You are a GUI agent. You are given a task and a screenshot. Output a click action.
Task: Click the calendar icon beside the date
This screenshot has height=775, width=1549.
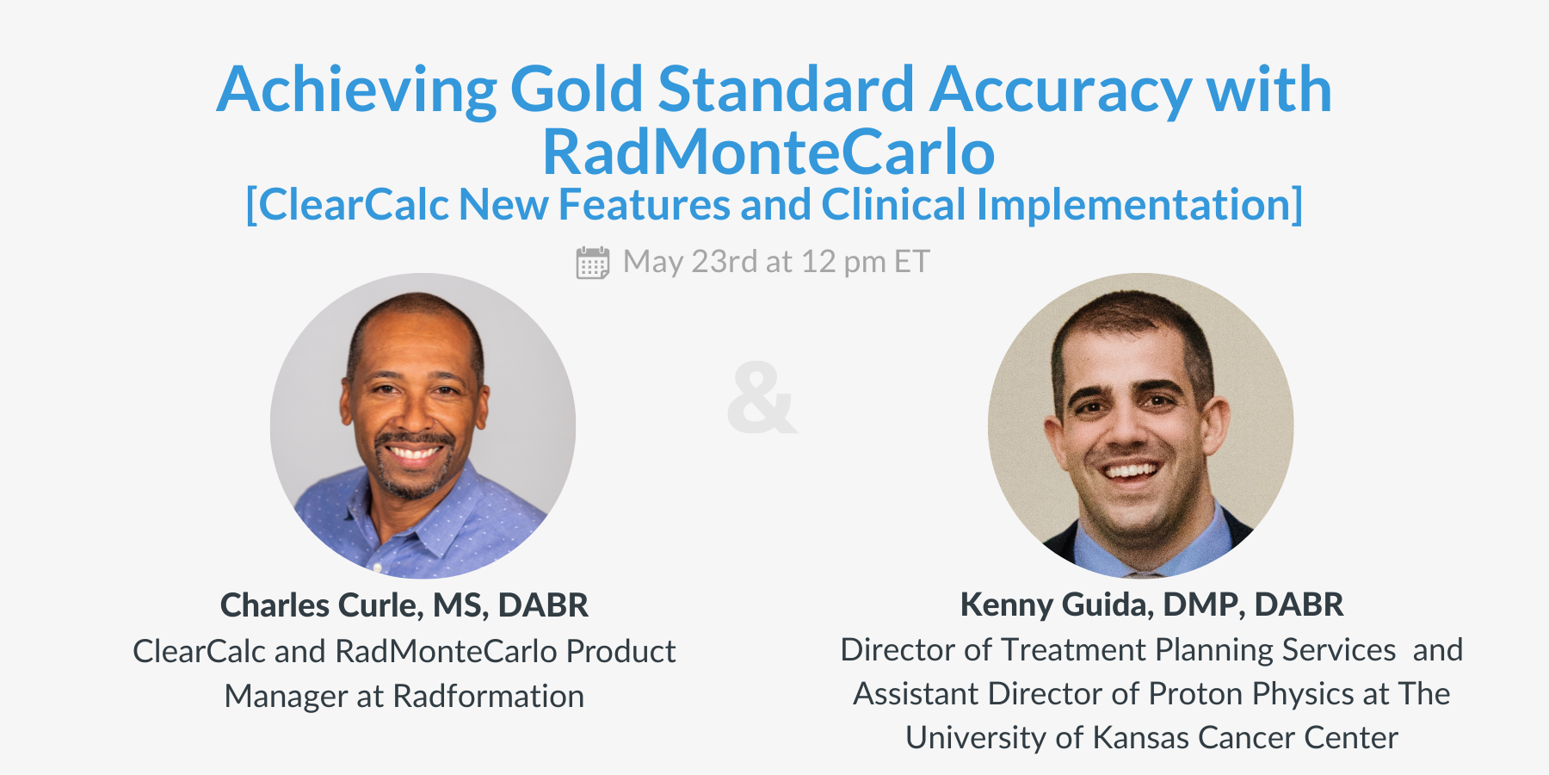[x=592, y=263]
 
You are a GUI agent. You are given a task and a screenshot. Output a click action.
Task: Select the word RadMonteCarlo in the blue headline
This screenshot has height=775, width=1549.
[x=768, y=152]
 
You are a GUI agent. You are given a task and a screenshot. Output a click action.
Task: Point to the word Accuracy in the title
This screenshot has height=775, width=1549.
[x=1060, y=90]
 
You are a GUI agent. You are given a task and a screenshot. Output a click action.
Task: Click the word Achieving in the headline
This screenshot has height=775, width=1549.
[x=356, y=90]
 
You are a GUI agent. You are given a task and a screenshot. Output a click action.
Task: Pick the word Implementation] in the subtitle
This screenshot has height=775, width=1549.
[x=1139, y=205]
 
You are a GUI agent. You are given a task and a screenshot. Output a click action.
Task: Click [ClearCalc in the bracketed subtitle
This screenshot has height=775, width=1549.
[x=347, y=205]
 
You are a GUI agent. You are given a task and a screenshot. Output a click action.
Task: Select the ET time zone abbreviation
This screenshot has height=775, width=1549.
[x=911, y=262]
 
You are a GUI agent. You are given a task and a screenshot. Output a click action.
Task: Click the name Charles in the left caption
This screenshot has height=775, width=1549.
[x=275, y=605]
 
